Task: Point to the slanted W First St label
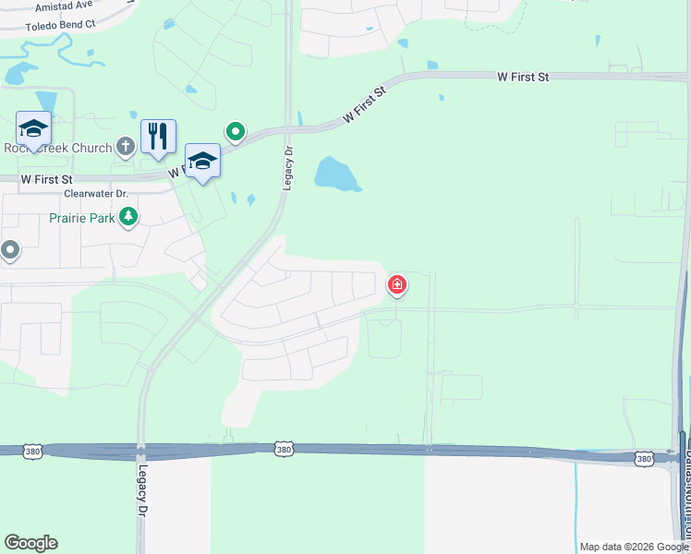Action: pos(362,106)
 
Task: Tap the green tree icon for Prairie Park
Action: pos(128,218)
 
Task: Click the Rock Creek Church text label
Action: pos(56,147)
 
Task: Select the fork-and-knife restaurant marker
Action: pos(158,137)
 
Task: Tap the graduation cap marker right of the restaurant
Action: pos(202,161)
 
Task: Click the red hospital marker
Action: pos(397,284)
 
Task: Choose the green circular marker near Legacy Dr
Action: pos(236,133)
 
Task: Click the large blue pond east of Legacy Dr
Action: pos(337,175)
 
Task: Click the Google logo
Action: pos(30,543)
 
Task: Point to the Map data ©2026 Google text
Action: pos(634,547)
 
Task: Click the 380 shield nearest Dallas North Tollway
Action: pos(645,458)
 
